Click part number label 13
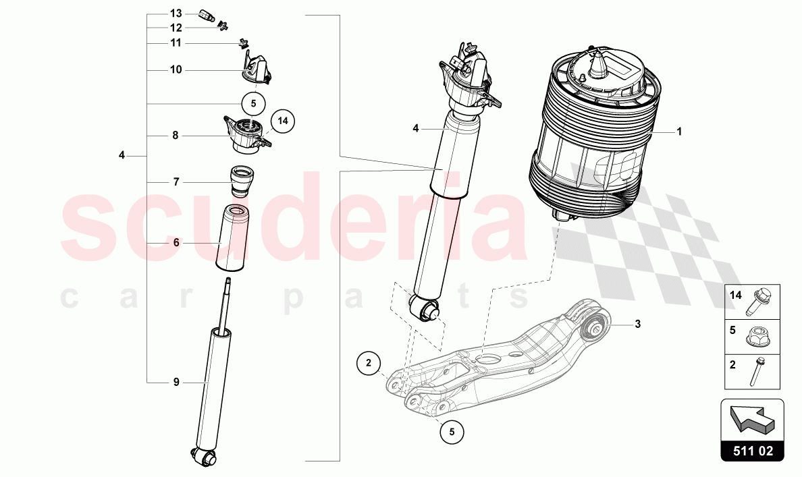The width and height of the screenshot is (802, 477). [x=176, y=13]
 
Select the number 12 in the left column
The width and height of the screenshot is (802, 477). [x=176, y=28]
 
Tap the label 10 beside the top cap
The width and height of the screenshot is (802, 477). [x=176, y=69]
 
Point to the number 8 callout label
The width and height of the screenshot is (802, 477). [x=176, y=135]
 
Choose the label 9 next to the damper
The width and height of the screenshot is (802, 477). [x=176, y=383]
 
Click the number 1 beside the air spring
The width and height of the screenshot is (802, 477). [x=679, y=132]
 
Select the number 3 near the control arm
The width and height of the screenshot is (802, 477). [x=637, y=324]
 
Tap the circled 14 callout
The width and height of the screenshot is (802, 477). [x=283, y=121]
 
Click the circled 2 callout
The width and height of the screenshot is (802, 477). [x=369, y=363]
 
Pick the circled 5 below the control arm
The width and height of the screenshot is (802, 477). [x=452, y=431]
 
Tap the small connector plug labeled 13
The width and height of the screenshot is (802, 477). [x=209, y=14]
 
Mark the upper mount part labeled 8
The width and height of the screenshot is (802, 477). [x=244, y=133]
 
